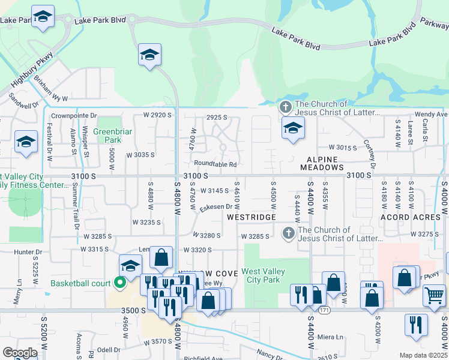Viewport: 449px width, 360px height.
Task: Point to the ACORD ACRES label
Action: click(x=411, y=217)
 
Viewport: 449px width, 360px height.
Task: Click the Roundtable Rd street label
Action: click(x=215, y=164)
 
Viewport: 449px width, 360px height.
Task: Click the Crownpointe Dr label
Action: click(x=74, y=115)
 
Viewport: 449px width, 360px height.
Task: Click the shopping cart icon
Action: click(x=433, y=294)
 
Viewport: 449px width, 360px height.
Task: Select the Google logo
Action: click(x=20, y=353)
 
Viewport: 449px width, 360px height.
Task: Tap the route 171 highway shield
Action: click(x=325, y=310)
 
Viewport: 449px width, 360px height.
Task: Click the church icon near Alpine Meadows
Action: click(x=285, y=108)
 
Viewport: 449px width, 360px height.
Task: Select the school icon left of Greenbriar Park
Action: click(x=26, y=142)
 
